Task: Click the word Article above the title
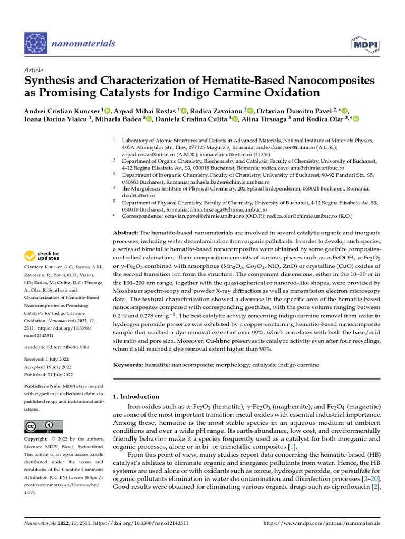[x=33, y=70]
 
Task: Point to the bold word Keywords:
[x=128, y=365]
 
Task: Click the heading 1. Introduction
[x=136, y=396]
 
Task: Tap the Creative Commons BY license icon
[x=43, y=426]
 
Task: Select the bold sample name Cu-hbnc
[x=218, y=341]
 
